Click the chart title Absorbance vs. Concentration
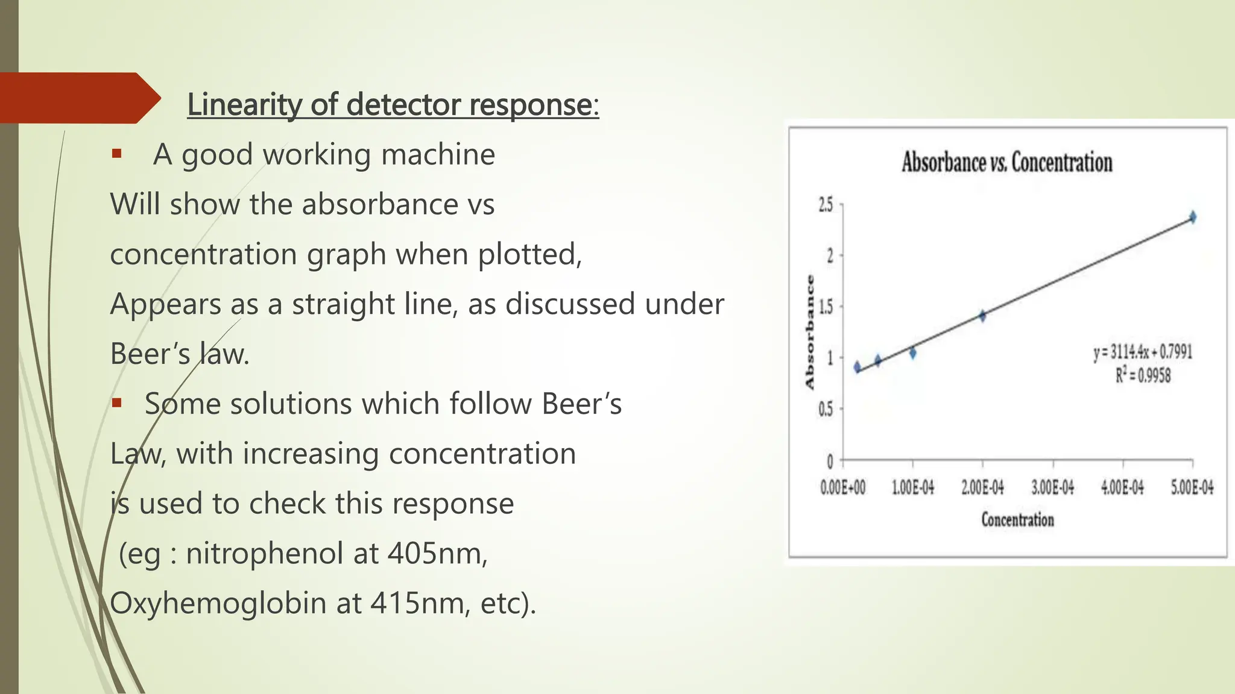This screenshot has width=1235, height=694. coord(1006,163)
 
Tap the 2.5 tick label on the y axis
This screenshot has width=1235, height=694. coord(825,205)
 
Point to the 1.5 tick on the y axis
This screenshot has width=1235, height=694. coord(825,307)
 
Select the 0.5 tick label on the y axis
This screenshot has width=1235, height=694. coord(825,410)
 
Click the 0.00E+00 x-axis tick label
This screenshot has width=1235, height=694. coord(842,487)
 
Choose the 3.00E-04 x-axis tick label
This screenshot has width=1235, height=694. coord(1052,487)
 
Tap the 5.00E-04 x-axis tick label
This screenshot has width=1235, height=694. coord(1192,487)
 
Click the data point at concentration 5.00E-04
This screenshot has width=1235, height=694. coord(1192,217)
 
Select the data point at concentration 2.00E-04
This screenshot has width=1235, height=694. coord(982,316)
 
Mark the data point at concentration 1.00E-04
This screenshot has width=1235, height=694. coord(912,353)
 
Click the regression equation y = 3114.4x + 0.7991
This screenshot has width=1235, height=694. coord(1143,352)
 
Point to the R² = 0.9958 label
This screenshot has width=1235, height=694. coord(1143,376)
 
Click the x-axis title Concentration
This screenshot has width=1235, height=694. coord(1017,520)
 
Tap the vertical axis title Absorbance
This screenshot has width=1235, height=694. coord(810,332)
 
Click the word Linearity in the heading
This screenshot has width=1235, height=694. coord(244,104)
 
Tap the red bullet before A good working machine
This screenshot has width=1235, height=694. coord(116,154)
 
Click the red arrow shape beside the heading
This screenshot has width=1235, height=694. coord(78,98)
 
